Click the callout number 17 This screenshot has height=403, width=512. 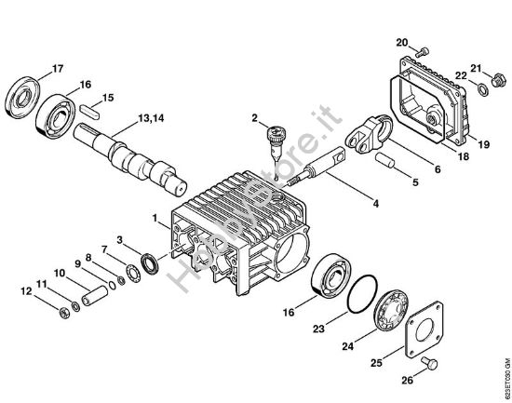pos(58,68)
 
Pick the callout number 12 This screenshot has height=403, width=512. pos(25,292)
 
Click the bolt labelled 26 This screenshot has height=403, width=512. pos(428,361)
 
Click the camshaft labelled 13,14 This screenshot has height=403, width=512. pos(140,158)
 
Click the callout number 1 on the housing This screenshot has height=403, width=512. pos(155,218)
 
